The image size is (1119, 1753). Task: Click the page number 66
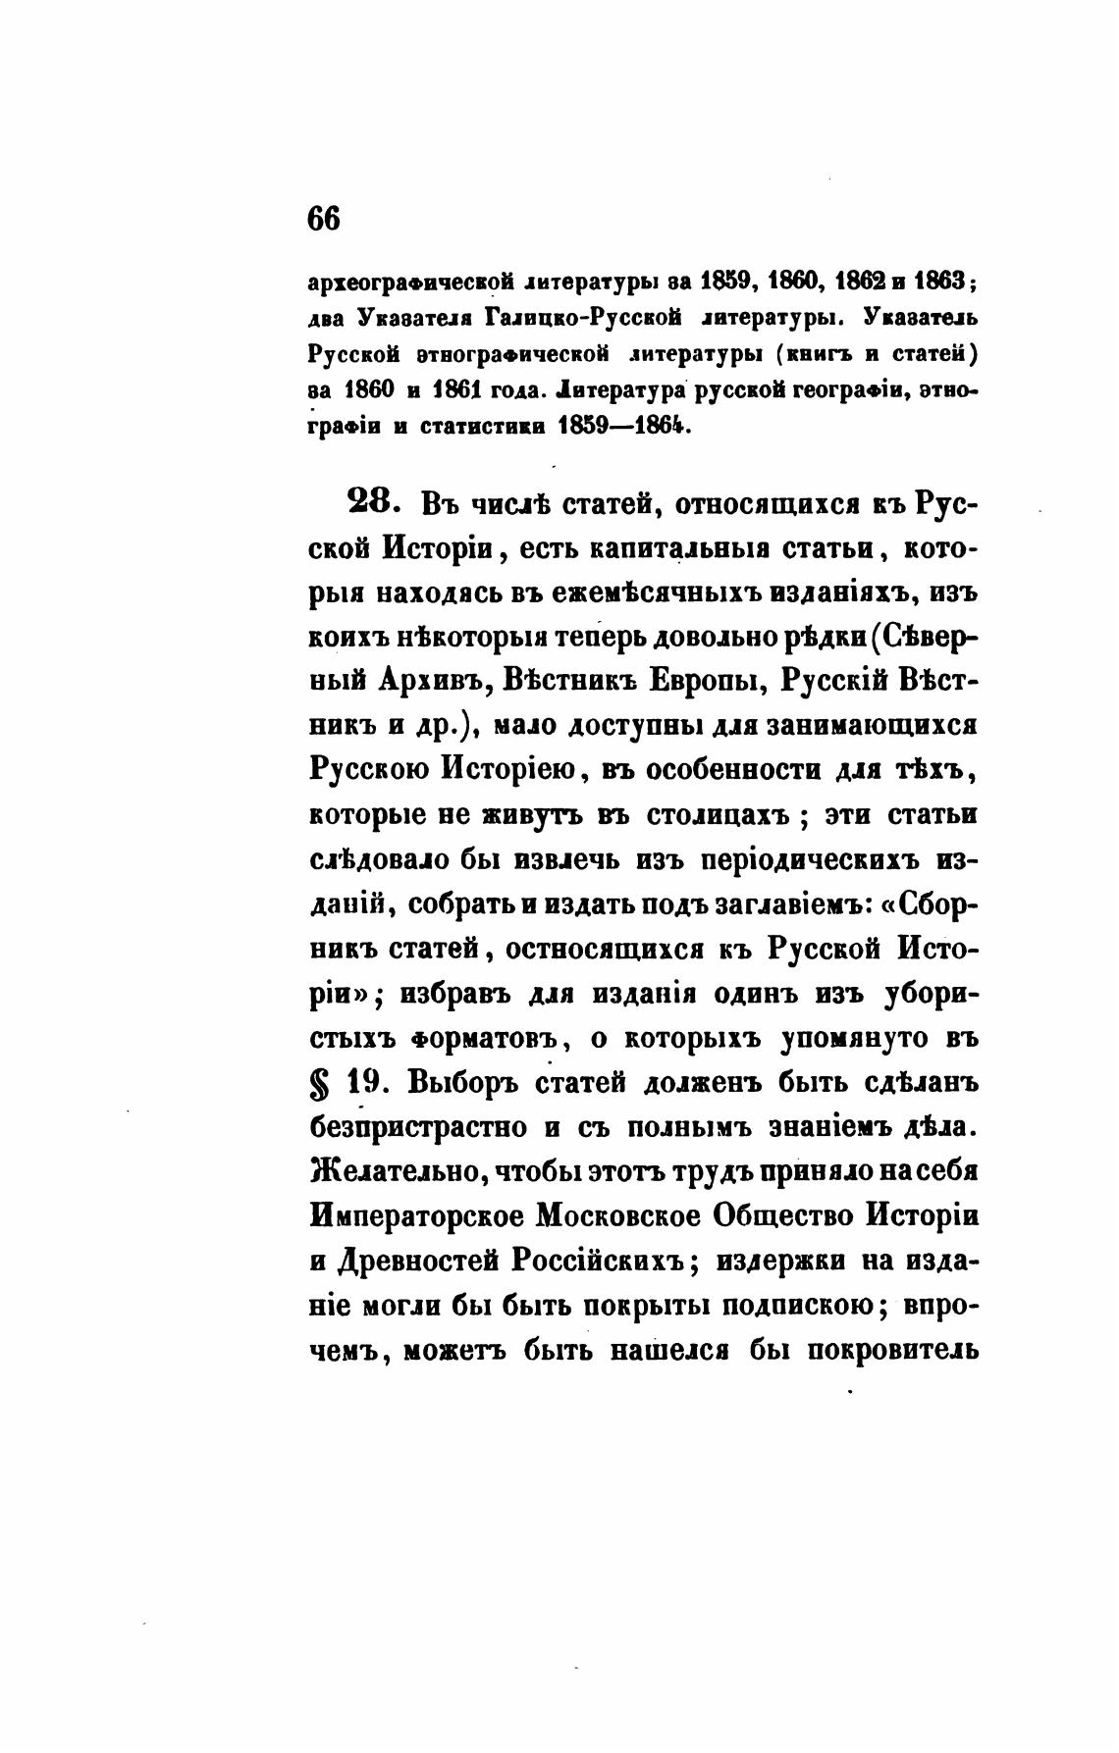point(324,218)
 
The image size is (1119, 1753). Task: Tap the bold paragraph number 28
point(373,504)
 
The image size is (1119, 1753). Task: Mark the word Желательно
point(392,1173)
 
